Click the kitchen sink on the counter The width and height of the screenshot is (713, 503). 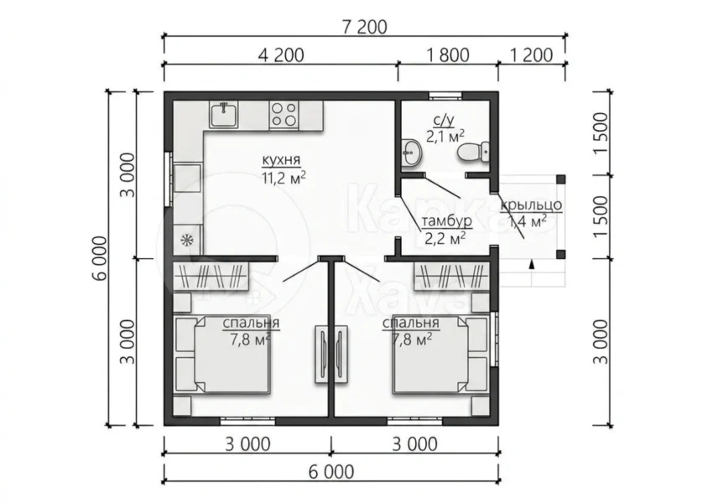[x=223, y=115]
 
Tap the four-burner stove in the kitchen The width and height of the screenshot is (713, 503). [x=284, y=114]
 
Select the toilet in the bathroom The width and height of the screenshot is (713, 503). [x=473, y=152]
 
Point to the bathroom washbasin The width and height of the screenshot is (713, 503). [x=412, y=153]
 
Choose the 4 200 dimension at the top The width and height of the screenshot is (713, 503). [x=281, y=55]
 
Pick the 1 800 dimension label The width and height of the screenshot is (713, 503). [x=448, y=55]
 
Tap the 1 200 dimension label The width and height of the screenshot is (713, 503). [x=532, y=55]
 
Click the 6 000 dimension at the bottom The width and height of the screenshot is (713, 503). [x=331, y=472]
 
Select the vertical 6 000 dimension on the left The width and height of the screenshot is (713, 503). [x=100, y=258]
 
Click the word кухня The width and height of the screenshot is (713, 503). [x=281, y=160]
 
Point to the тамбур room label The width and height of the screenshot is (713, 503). [x=447, y=221]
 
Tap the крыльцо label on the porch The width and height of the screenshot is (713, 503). [x=531, y=205]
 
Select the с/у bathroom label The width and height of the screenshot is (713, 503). [x=444, y=120]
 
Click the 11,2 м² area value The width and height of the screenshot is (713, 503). [x=284, y=178]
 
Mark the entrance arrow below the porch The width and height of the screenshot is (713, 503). [x=531, y=264]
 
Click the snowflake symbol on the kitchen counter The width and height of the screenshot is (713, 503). [x=186, y=240]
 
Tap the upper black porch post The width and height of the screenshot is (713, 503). [x=560, y=179]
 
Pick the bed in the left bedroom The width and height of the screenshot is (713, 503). [x=223, y=355]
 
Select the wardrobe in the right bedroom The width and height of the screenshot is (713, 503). [x=451, y=276]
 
